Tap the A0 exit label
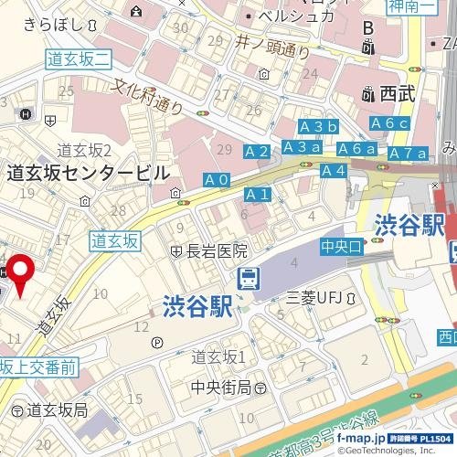[217, 180]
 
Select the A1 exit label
[259, 195]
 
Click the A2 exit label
[258, 151]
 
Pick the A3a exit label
[302, 147]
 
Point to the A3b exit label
[319, 126]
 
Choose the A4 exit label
[334, 171]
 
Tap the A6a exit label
[356, 149]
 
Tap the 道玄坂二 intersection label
[78, 58]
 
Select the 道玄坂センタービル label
[87, 172]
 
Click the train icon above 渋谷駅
[248, 279]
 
